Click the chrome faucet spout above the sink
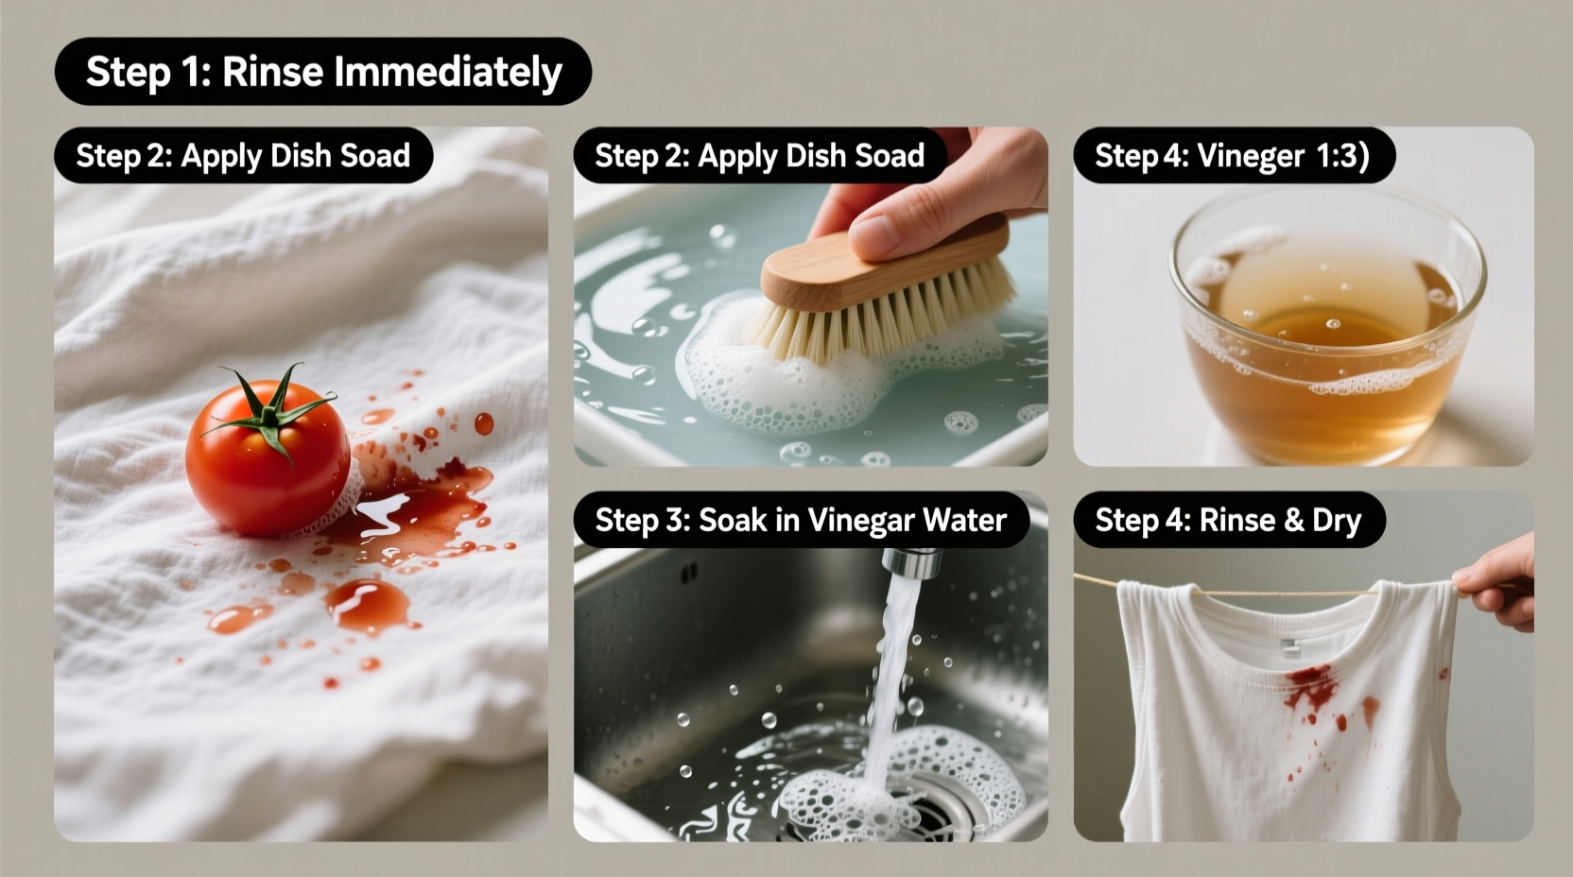[x=912, y=561]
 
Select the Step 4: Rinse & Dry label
[x=1228, y=521]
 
